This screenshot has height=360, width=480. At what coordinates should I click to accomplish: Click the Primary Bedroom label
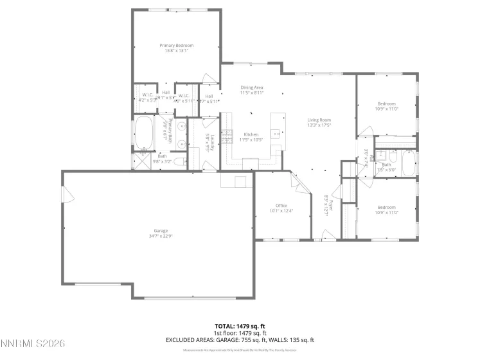click(177, 46)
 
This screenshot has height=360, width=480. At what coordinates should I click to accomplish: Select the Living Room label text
click(318, 120)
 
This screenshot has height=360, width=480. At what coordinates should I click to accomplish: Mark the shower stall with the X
click(140, 161)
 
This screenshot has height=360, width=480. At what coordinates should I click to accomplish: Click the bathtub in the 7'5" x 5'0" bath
click(409, 164)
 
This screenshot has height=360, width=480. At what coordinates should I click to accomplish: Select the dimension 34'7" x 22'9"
click(160, 236)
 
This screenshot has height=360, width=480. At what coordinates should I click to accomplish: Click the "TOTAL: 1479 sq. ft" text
click(240, 326)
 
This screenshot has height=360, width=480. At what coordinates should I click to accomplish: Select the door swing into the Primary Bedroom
click(209, 78)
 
